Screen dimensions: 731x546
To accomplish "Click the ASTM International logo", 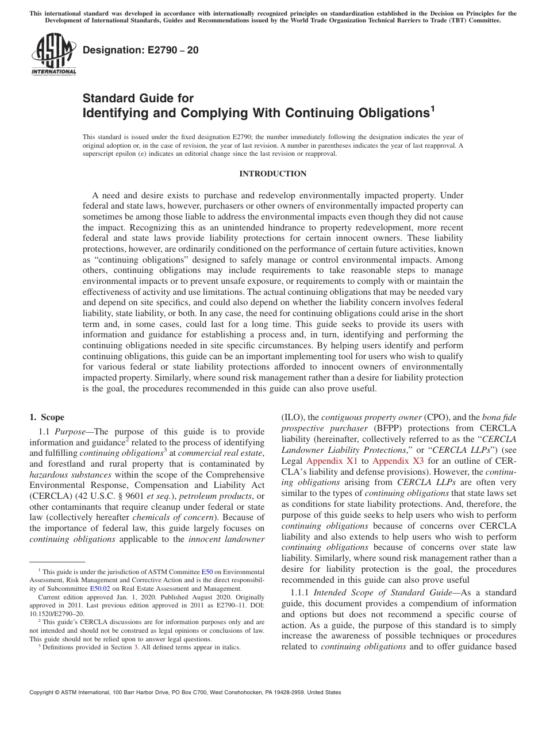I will pos(53,55).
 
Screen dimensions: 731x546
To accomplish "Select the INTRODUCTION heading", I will pos(272,174).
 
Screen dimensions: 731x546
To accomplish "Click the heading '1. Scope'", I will pos(47,417).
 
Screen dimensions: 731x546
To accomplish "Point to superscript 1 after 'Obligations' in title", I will pos(432,108).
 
